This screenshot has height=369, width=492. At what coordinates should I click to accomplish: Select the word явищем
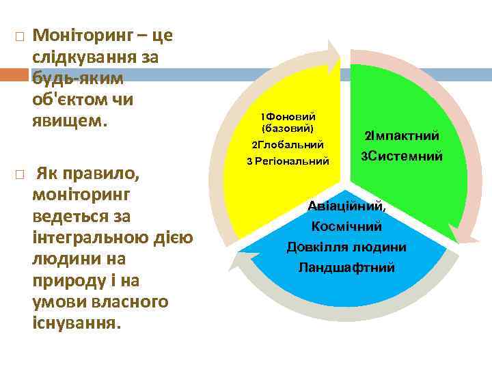click(x=70, y=121)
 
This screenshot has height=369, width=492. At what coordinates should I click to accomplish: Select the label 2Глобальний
click(x=288, y=145)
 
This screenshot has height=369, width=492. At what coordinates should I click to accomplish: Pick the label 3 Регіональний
click(x=288, y=161)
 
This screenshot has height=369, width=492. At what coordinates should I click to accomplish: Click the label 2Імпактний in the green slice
click(x=402, y=136)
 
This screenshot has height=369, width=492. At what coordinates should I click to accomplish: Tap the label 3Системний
click(x=402, y=156)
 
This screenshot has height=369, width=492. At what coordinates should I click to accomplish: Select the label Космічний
click(x=347, y=226)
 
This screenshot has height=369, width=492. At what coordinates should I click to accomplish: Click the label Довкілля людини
click(x=347, y=247)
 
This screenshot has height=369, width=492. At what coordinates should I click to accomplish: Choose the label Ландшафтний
click(x=347, y=267)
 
